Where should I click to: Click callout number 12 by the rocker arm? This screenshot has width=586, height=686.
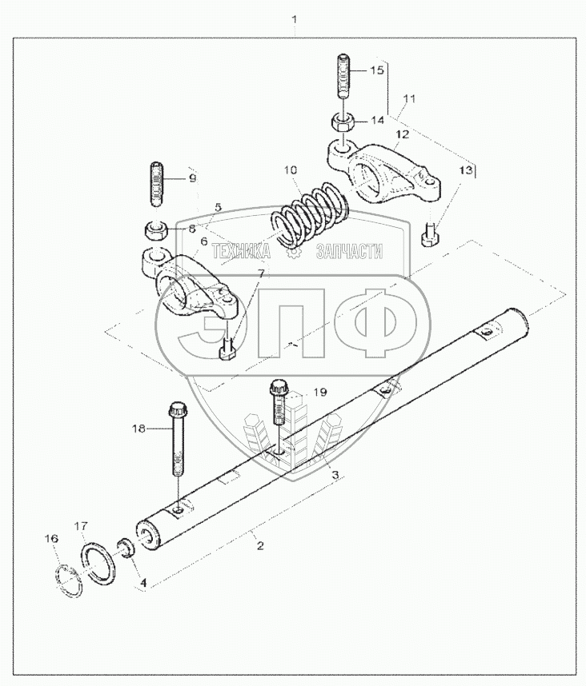[x=402, y=134]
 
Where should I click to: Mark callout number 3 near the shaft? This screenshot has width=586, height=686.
[x=335, y=475]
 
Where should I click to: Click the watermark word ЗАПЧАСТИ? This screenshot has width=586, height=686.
[x=349, y=253]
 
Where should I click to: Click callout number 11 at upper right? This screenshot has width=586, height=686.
[x=409, y=99]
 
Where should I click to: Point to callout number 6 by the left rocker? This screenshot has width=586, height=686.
[x=203, y=241]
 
